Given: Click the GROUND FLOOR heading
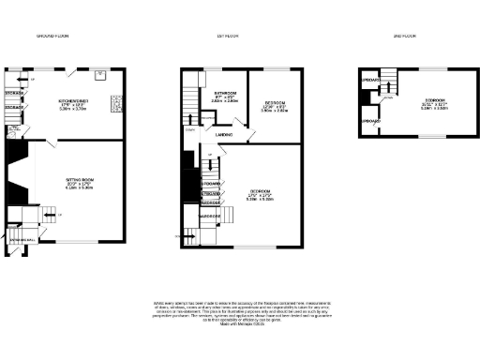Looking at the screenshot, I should click(x=53, y=36).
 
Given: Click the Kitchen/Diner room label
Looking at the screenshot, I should click(x=73, y=100).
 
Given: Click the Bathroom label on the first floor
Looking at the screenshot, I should click(x=226, y=94).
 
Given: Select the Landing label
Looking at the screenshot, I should click(x=224, y=136).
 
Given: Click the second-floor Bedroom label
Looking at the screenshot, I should click(x=433, y=98).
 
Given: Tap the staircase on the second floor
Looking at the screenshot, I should click(x=388, y=89).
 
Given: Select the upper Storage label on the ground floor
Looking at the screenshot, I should click(x=13, y=94).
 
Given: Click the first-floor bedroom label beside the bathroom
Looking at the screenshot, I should click(x=274, y=102).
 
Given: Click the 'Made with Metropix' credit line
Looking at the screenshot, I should click(x=239, y=324).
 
